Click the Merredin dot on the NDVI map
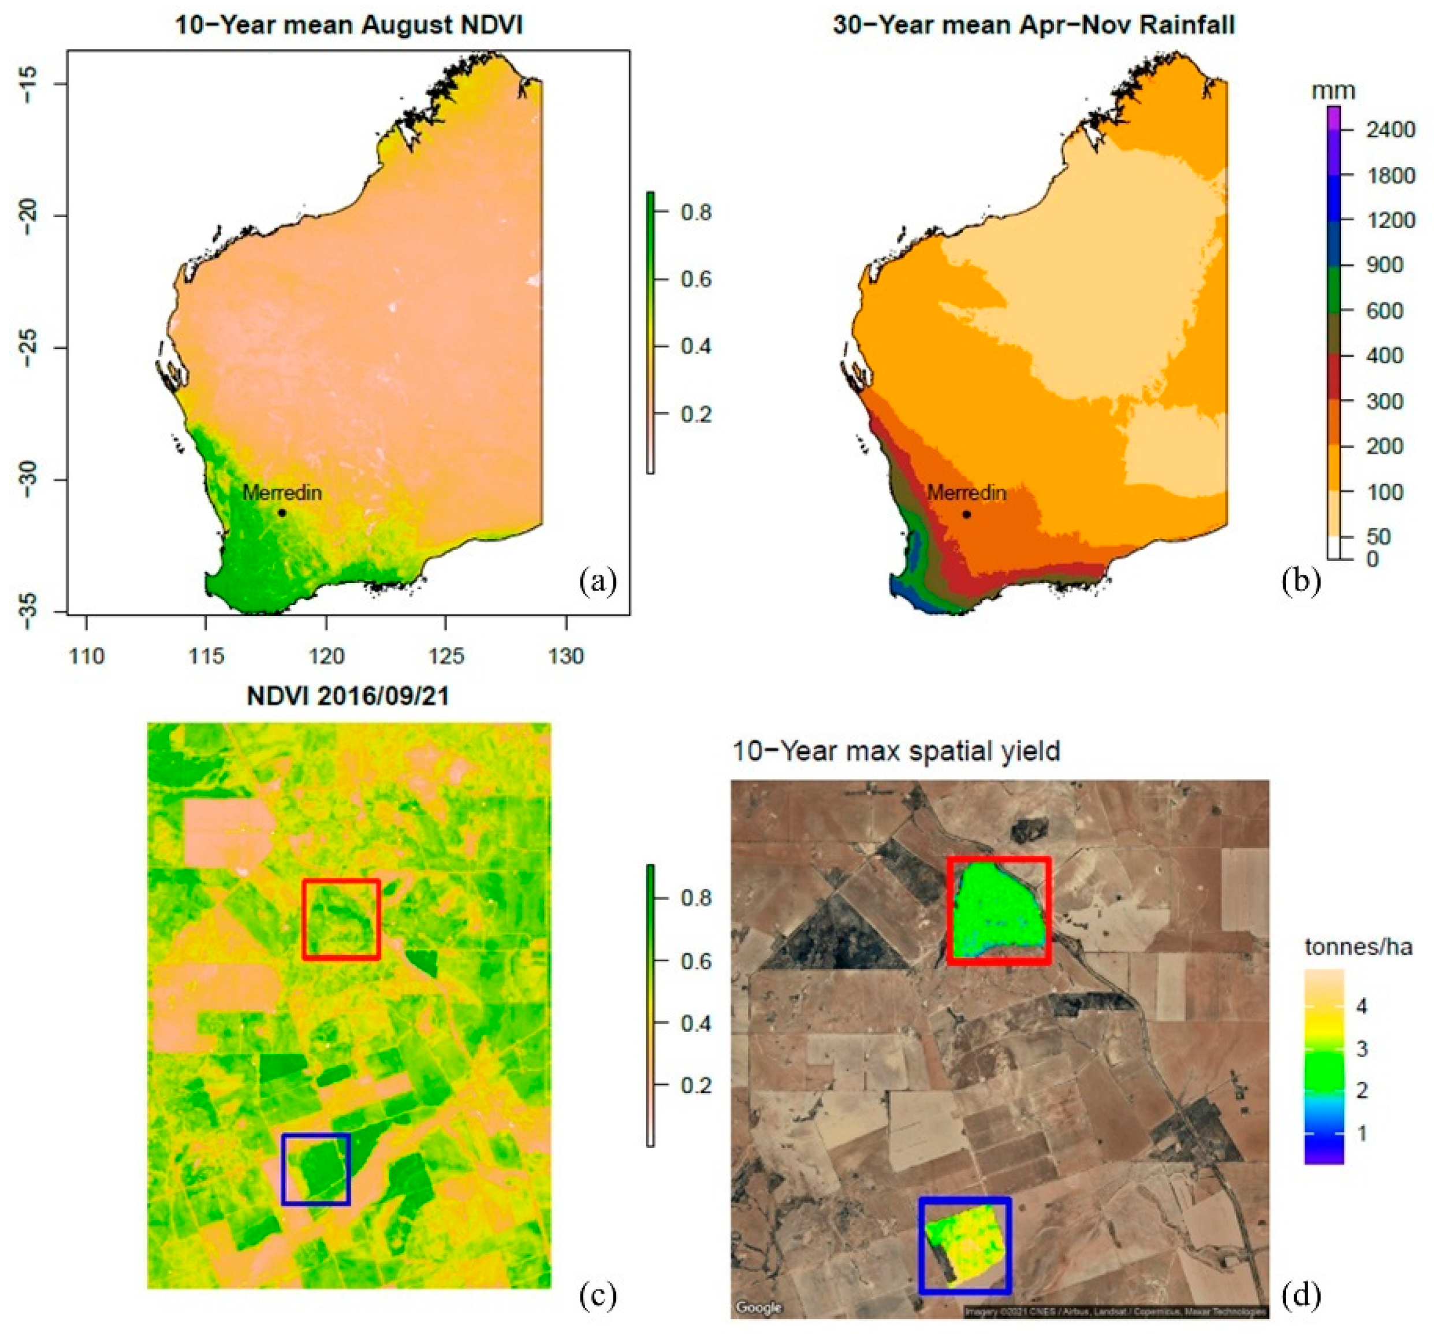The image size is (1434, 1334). point(282,513)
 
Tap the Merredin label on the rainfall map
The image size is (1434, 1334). point(967,493)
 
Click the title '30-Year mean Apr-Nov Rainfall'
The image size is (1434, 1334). point(1034,25)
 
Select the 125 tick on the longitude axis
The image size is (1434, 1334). point(446,656)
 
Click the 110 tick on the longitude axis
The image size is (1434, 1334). point(87,656)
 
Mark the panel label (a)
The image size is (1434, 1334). point(598,582)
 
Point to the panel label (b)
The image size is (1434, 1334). point(1301,582)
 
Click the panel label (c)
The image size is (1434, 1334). point(598,1296)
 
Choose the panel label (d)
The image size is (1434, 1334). point(1301,1296)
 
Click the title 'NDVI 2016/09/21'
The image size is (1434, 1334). point(348,696)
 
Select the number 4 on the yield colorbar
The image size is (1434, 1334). point(1362,1006)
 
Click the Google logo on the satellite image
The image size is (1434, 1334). point(758,1307)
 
